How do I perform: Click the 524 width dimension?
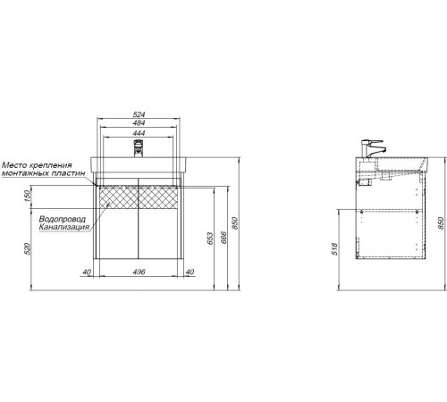click(x=139, y=114)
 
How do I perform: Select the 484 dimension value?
click(x=139, y=122)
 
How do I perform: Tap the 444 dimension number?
click(x=139, y=132)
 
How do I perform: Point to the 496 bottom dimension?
click(x=139, y=272)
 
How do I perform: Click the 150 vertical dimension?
click(x=28, y=197)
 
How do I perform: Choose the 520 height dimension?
click(x=28, y=248)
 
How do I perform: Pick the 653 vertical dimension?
click(x=210, y=239)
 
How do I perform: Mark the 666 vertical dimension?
click(x=223, y=238)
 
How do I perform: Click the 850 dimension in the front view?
click(x=235, y=223)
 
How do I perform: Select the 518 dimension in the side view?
click(x=335, y=249)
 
